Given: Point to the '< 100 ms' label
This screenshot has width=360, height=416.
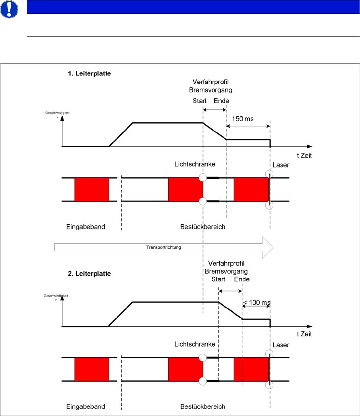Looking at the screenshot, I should pos(256,303).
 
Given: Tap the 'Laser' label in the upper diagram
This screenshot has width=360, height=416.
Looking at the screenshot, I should pos(281,165).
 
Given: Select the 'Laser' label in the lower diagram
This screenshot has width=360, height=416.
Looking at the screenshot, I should pos(281,345).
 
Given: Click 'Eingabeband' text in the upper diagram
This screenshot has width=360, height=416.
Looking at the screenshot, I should pos(85,227).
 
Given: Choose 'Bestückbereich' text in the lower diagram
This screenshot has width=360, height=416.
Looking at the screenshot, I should pos(203,406).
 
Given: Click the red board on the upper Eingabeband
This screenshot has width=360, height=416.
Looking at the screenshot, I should pos(92,190).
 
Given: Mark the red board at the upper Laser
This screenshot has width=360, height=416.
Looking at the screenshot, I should pos(251,190).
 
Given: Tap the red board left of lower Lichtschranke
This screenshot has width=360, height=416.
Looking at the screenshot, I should pos(185,370).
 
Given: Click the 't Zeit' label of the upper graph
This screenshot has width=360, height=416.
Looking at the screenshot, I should pos(303,156).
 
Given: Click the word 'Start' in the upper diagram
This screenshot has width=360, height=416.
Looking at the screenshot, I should pos(200,101).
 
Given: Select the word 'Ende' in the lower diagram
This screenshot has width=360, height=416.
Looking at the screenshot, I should pos(242,279).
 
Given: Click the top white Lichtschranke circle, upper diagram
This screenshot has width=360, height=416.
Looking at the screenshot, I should pos(203,178).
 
